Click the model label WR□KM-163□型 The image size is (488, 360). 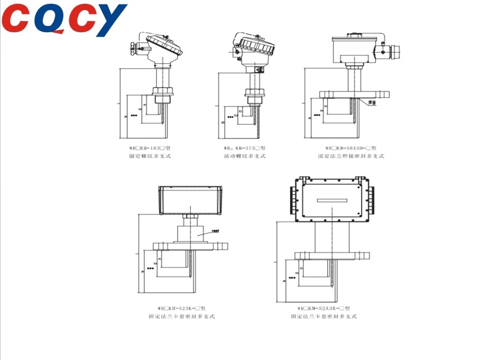tap(146, 149)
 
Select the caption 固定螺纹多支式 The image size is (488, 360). tap(146, 156)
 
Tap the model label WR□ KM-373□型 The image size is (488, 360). tap(245, 149)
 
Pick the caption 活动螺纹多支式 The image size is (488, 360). tap(245, 156)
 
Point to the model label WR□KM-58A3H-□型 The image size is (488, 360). tap(350, 149)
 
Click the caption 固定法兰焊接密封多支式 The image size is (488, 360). tap(350, 156)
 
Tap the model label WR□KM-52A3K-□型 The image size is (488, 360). tap(323, 308)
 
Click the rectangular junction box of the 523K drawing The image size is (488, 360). tap(190, 200)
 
